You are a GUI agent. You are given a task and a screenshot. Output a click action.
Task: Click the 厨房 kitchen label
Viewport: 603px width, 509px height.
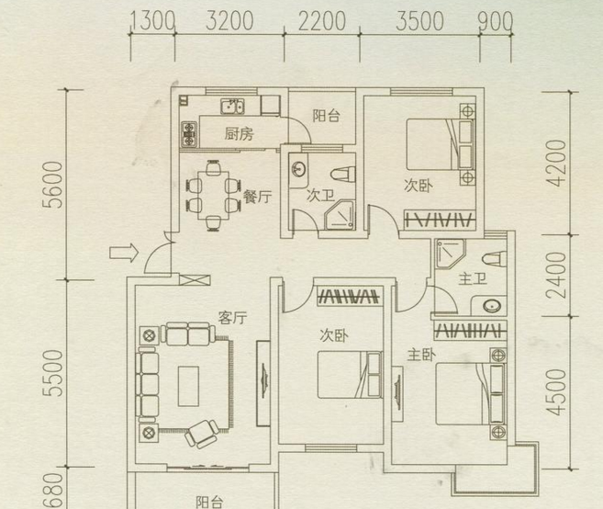point(239,134)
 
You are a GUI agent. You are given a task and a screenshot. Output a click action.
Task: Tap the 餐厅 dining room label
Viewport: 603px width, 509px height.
point(257,197)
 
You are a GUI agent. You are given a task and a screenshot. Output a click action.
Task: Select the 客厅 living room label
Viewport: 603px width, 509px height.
point(232,318)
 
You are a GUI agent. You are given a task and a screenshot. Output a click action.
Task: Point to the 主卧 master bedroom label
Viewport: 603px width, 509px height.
point(421,355)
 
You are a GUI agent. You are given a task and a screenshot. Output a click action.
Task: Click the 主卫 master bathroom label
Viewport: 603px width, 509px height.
point(473,278)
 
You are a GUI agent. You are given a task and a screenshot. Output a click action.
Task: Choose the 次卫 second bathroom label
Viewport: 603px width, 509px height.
point(320,195)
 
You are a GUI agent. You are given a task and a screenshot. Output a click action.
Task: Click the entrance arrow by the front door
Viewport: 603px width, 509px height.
point(124,253)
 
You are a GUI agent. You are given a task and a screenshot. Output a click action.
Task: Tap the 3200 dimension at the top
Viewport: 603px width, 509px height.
point(229,21)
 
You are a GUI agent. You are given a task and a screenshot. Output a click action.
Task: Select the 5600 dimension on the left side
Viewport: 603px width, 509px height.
point(52,185)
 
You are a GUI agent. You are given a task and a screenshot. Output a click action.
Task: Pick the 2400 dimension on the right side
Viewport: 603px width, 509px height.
point(556,276)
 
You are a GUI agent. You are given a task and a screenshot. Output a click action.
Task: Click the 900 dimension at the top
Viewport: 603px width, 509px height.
point(496,21)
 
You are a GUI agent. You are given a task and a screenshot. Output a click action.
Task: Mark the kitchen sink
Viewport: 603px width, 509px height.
point(232,107)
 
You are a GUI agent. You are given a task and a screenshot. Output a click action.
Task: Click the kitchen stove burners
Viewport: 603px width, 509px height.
point(189,134)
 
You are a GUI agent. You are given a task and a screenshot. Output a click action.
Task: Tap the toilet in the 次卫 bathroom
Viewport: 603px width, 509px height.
point(343,175)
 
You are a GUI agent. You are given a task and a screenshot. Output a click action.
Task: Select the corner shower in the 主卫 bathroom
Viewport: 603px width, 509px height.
point(450,253)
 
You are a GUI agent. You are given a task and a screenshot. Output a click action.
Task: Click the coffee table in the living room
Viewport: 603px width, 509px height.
point(188,386)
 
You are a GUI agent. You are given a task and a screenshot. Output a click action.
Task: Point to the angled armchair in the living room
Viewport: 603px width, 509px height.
point(202,434)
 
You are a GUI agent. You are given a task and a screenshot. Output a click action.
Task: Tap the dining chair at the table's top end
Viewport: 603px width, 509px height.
point(214,168)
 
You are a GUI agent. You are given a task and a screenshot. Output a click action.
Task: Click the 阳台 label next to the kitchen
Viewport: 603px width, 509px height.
point(326,116)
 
